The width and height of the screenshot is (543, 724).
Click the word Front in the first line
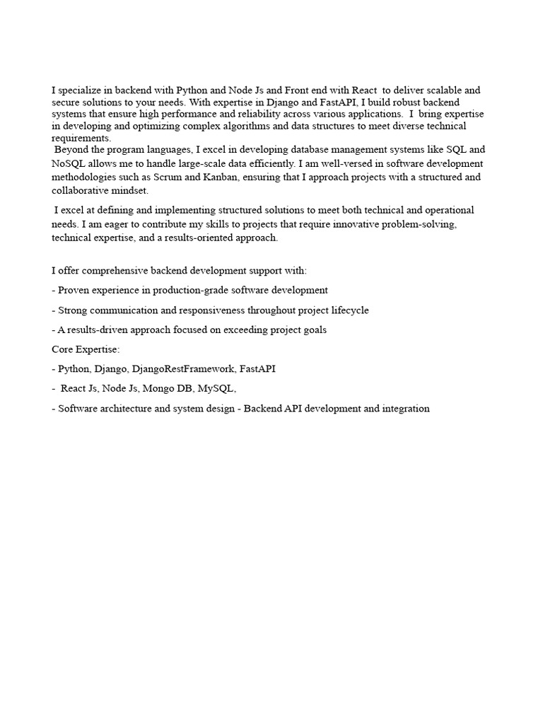click(x=297, y=90)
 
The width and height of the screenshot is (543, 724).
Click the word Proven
click(x=75, y=290)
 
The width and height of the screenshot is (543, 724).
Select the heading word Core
click(x=64, y=349)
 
